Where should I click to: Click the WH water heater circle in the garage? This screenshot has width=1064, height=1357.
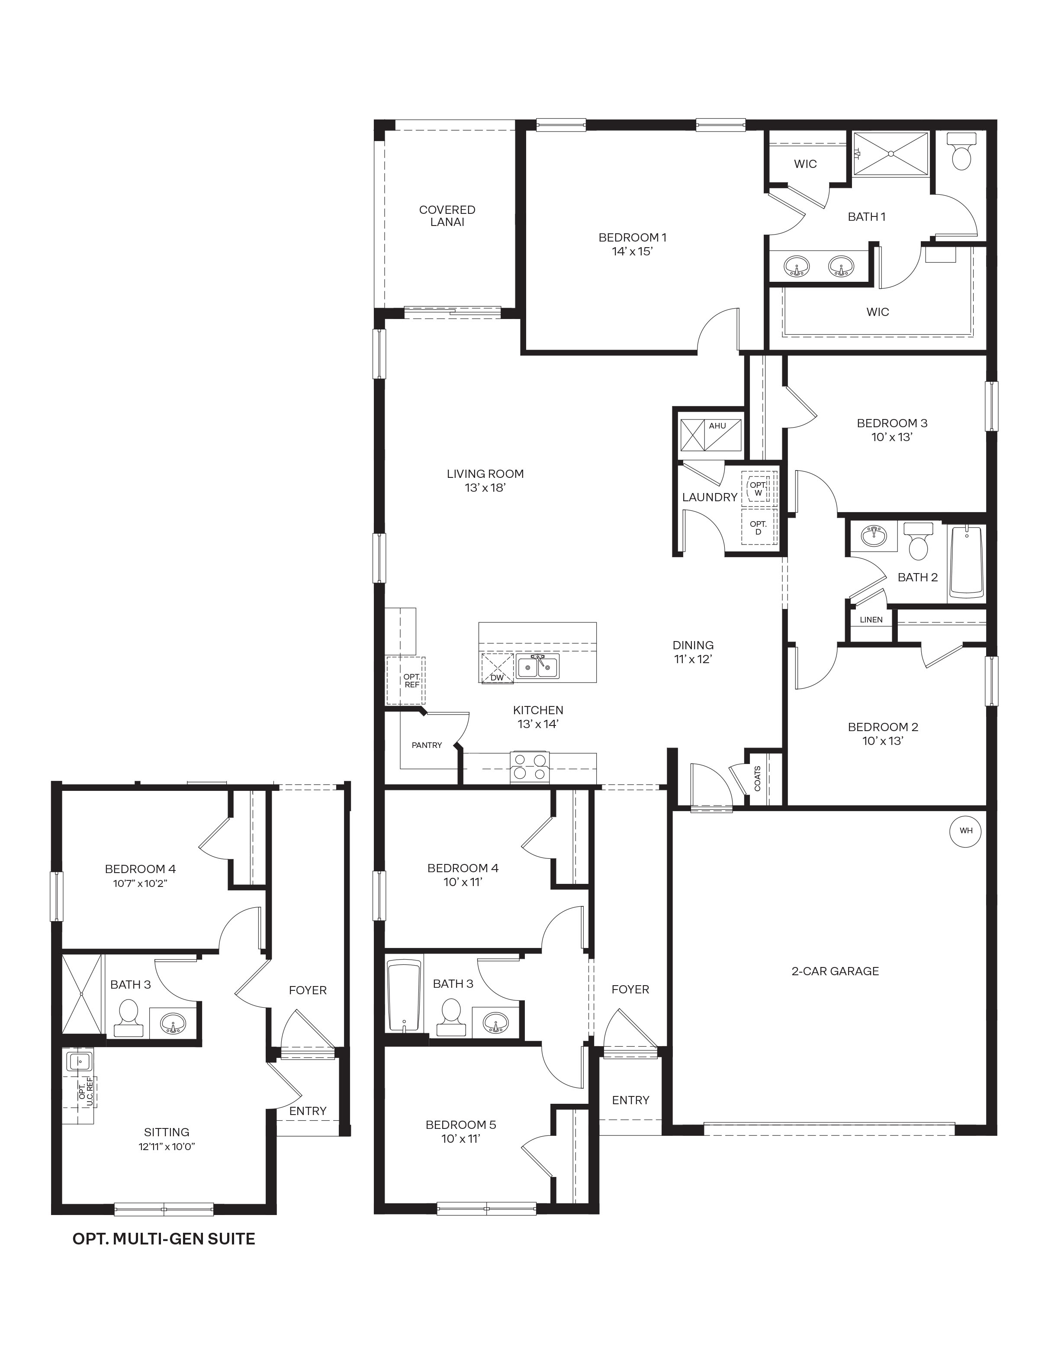pyautogui.click(x=966, y=831)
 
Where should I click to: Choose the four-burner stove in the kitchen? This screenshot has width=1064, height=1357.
pyautogui.click(x=530, y=767)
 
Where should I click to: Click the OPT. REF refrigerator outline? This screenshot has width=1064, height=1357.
pyautogui.click(x=405, y=680)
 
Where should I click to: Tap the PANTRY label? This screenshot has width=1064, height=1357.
pyautogui.click(x=427, y=745)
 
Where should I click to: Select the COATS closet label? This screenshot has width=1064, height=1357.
pyautogui.click(x=758, y=779)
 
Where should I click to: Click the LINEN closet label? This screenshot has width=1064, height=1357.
pyautogui.click(x=871, y=620)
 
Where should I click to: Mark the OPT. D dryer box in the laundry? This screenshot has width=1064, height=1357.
pyautogui.click(x=758, y=528)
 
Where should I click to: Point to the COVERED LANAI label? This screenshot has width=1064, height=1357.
pyautogui.click(x=447, y=216)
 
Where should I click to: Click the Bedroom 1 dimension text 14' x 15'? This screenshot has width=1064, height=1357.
pyautogui.click(x=632, y=252)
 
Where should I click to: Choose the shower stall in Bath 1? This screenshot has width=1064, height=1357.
pyautogui.click(x=890, y=153)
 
